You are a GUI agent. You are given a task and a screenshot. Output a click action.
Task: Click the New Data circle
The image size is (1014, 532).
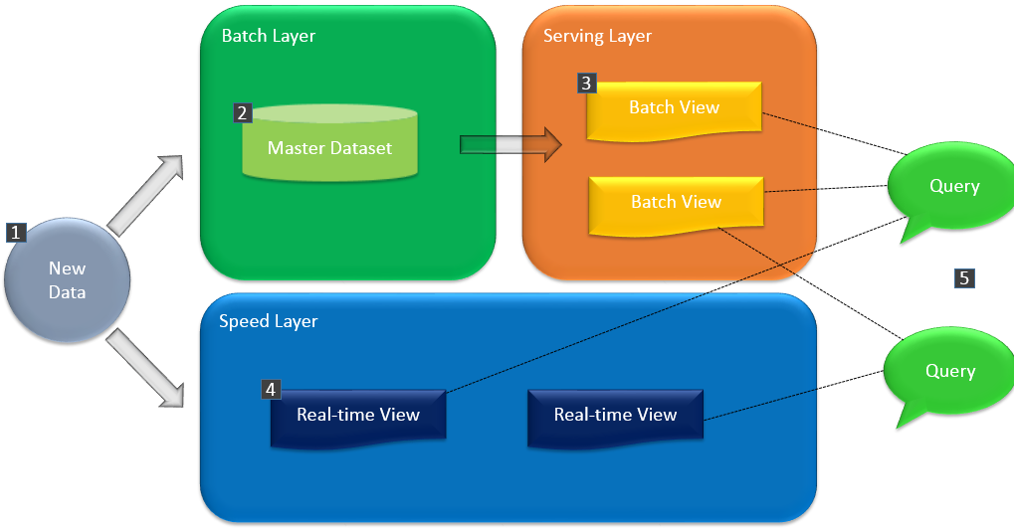pyautogui.click(x=67, y=280)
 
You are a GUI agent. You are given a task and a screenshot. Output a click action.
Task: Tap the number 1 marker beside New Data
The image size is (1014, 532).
pyautogui.click(x=16, y=233)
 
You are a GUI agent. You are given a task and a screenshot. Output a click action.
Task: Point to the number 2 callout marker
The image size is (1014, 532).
pyautogui.click(x=242, y=112)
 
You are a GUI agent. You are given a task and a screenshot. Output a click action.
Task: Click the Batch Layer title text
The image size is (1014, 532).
pyautogui.click(x=268, y=36)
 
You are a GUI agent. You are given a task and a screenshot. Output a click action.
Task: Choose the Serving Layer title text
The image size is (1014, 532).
pyautogui.click(x=597, y=36)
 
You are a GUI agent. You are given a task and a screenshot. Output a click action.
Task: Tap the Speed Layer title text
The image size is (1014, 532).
pyautogui.click(x=268, y=321)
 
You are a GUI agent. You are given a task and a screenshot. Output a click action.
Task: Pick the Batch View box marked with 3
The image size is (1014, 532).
pyautogui.click(x=674, y=108)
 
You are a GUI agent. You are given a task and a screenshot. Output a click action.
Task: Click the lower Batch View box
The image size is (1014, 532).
pyautogui.click(x=676, y=202)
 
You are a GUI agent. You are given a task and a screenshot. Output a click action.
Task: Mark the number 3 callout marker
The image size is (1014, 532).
pyautogui.click(x=586, y=84)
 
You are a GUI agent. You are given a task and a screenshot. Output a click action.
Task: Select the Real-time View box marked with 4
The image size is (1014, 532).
pyautogui.click(x=358, y=415)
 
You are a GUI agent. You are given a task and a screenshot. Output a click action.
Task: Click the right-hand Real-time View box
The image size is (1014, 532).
pyautogui.click(x=615, y=415)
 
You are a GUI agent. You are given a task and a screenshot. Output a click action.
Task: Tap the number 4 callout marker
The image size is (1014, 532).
pyautogui.click(x=271, y=389)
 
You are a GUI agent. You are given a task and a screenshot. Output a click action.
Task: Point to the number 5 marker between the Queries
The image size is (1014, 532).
pyautogui.click(x=963, y=278)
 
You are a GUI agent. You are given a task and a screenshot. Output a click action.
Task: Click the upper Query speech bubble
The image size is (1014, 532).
pyautogui.click(x=950, y=188)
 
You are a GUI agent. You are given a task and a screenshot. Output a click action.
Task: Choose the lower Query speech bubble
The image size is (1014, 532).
pyautogui.click(x=947, y=372)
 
